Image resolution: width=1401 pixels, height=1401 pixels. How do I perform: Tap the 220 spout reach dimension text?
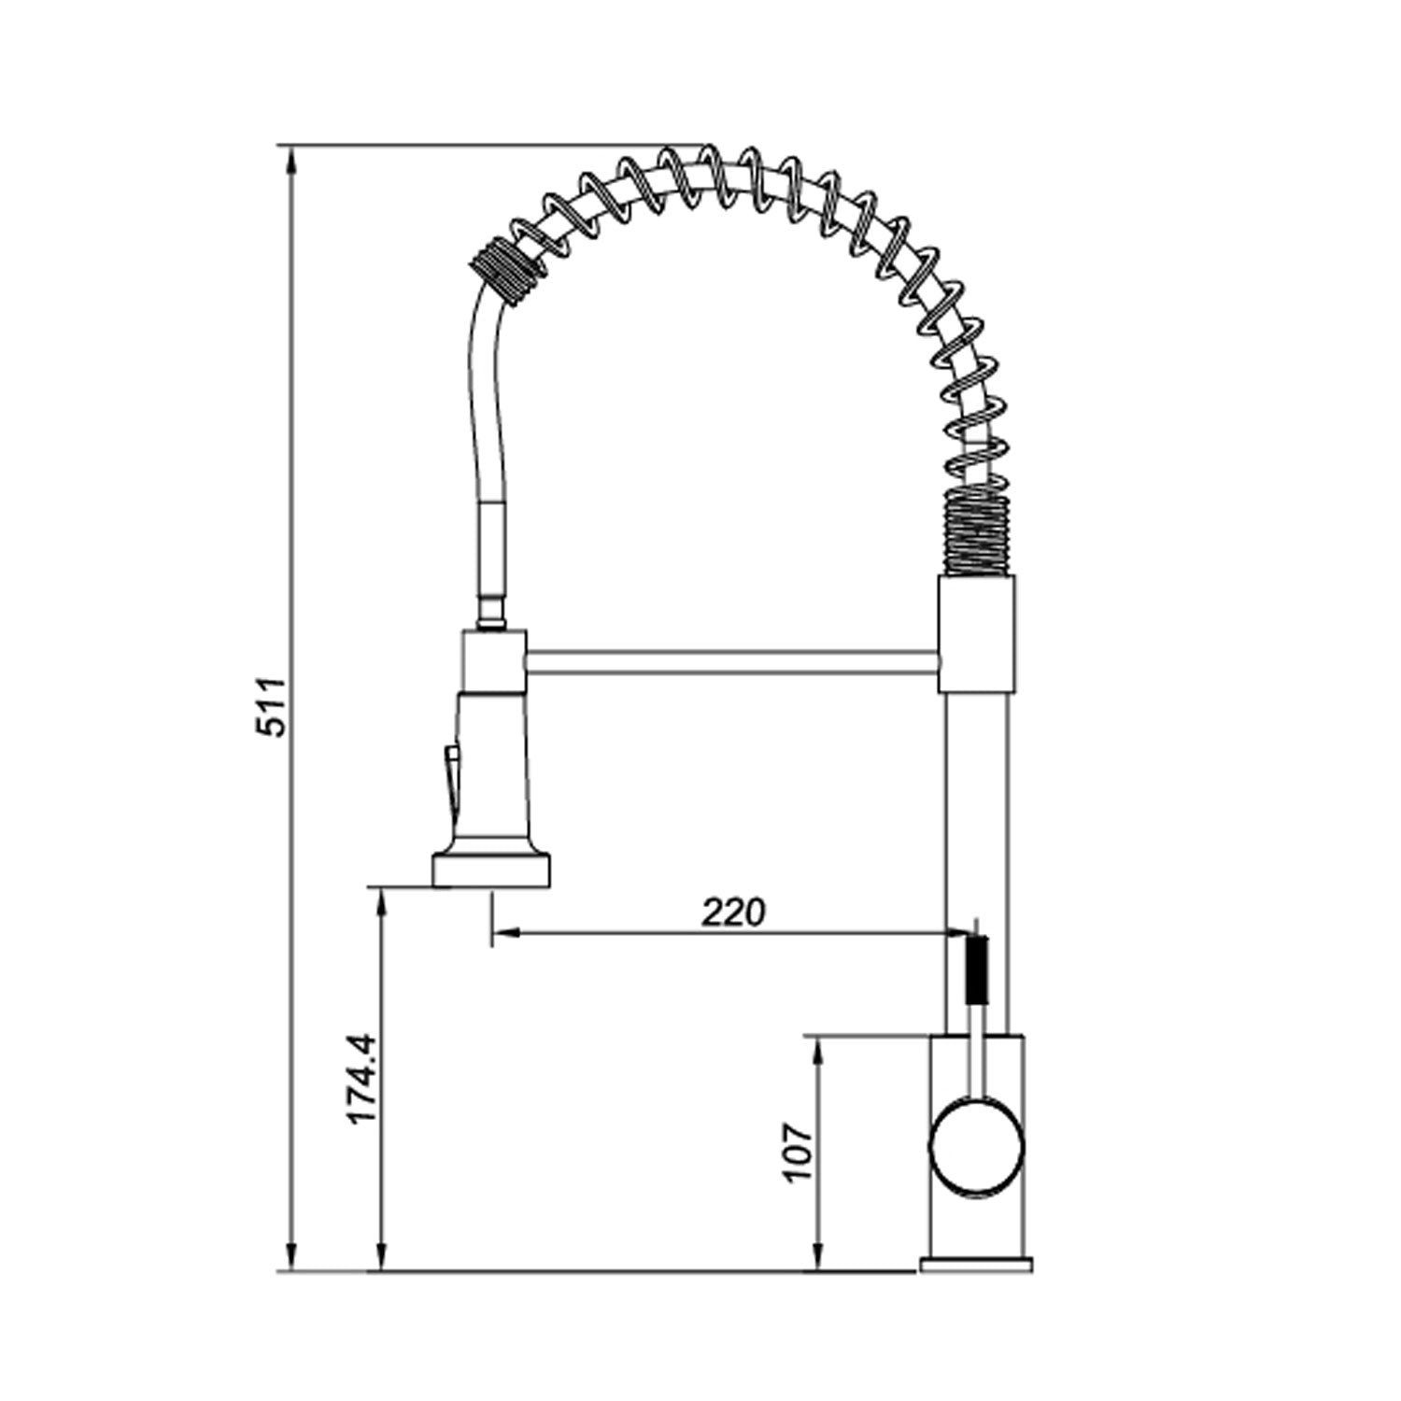733,913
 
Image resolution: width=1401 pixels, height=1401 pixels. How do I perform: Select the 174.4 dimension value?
361,1079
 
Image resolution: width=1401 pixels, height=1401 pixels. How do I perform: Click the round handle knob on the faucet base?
976,1147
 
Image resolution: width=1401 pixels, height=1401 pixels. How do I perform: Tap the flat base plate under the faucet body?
976,1264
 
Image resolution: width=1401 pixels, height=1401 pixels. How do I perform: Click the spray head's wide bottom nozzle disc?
491,868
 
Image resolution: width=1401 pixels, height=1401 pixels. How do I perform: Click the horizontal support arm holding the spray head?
731,662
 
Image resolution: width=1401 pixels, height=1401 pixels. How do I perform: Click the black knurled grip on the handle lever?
976,971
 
